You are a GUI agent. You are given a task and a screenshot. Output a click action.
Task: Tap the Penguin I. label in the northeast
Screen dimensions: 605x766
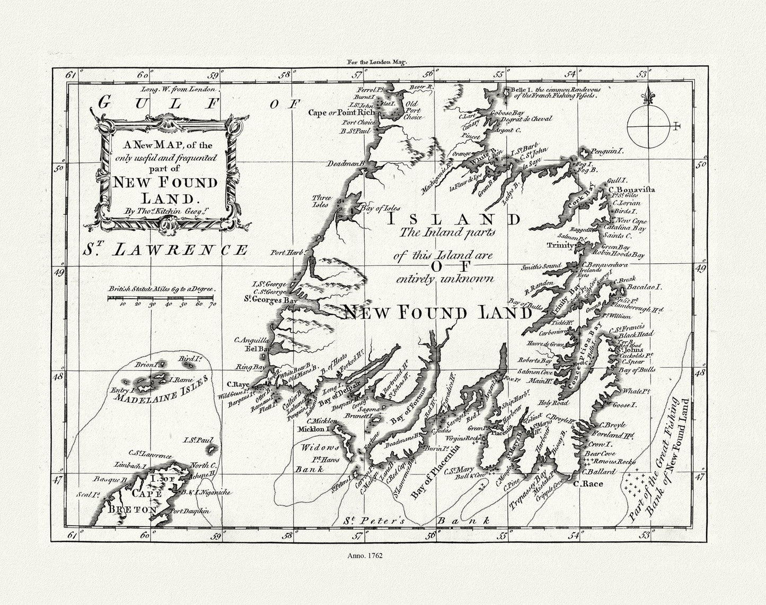pos(607,151)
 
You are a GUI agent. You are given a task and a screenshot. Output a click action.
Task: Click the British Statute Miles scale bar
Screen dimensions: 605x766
pos(161,299)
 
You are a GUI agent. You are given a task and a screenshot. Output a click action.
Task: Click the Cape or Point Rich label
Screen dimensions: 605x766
pos(342,113)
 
